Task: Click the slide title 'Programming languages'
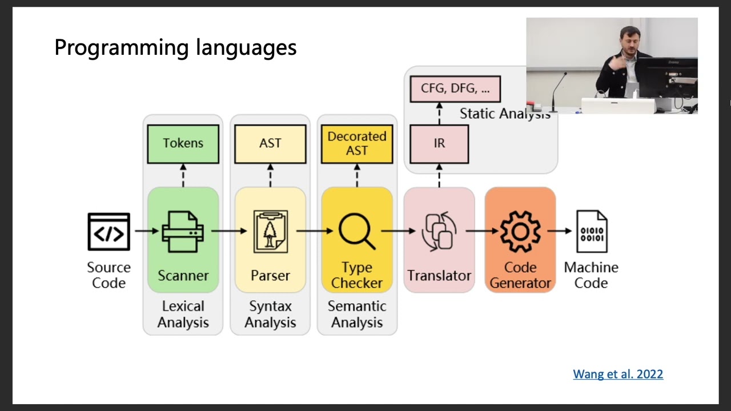pos(175,47)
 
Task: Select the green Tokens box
pos(183,144)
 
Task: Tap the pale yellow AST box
pos(270,144)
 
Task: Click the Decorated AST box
pos(357,144)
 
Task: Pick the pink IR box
pos(439,144)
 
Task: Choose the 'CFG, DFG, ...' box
pos(455,89)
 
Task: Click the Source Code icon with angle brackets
pos(109,232)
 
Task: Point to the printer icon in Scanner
pos(183,232)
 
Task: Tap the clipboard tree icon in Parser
pos(270,232)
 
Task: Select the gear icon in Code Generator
pos(520,232)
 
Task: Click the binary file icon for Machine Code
pos(591,232)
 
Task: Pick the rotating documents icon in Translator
pos(439,232)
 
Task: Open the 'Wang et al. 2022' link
pos(618,374)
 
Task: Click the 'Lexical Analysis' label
pos(183,315)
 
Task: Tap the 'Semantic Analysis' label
pos(357,315)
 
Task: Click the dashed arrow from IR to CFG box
pos(439,114)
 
